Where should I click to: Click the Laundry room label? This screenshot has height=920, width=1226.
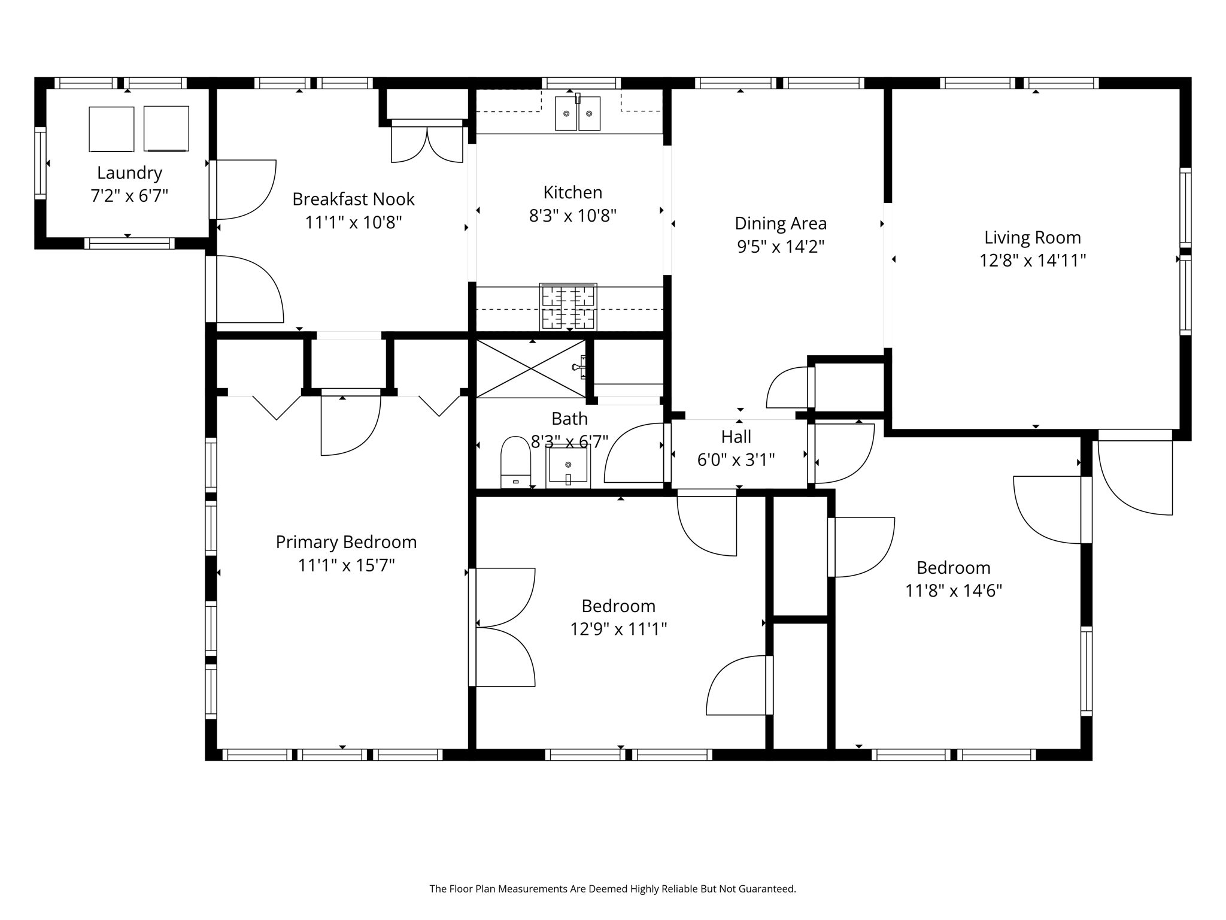(129, 173)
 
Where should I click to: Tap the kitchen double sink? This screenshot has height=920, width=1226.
(577, 113)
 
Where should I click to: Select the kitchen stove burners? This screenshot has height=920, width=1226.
(568, 307)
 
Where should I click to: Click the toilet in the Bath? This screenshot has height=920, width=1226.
(515, 462)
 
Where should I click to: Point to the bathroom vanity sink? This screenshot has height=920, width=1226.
(568, 466)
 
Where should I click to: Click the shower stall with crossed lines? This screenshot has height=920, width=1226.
(530, 368)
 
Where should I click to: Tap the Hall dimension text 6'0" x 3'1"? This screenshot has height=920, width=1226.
(736, 460)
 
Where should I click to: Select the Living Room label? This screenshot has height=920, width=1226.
(1032, 238)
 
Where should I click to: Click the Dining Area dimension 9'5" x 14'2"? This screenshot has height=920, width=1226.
(781, 247)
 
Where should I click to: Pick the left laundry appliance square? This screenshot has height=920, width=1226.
(111, 129)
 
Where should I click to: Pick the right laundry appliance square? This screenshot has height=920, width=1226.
(166, 129)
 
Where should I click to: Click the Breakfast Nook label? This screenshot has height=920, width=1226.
(353, 199)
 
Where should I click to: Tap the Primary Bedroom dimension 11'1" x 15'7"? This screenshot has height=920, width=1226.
(346, 565)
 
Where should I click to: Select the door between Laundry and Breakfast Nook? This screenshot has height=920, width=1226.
(242, 189)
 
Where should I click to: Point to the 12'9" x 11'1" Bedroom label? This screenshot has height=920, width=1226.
(618, 606)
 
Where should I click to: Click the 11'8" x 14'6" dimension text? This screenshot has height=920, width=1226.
(953, 591)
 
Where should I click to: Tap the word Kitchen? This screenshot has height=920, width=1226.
(572, 193)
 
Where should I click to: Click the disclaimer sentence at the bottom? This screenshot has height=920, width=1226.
(612, 889)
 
